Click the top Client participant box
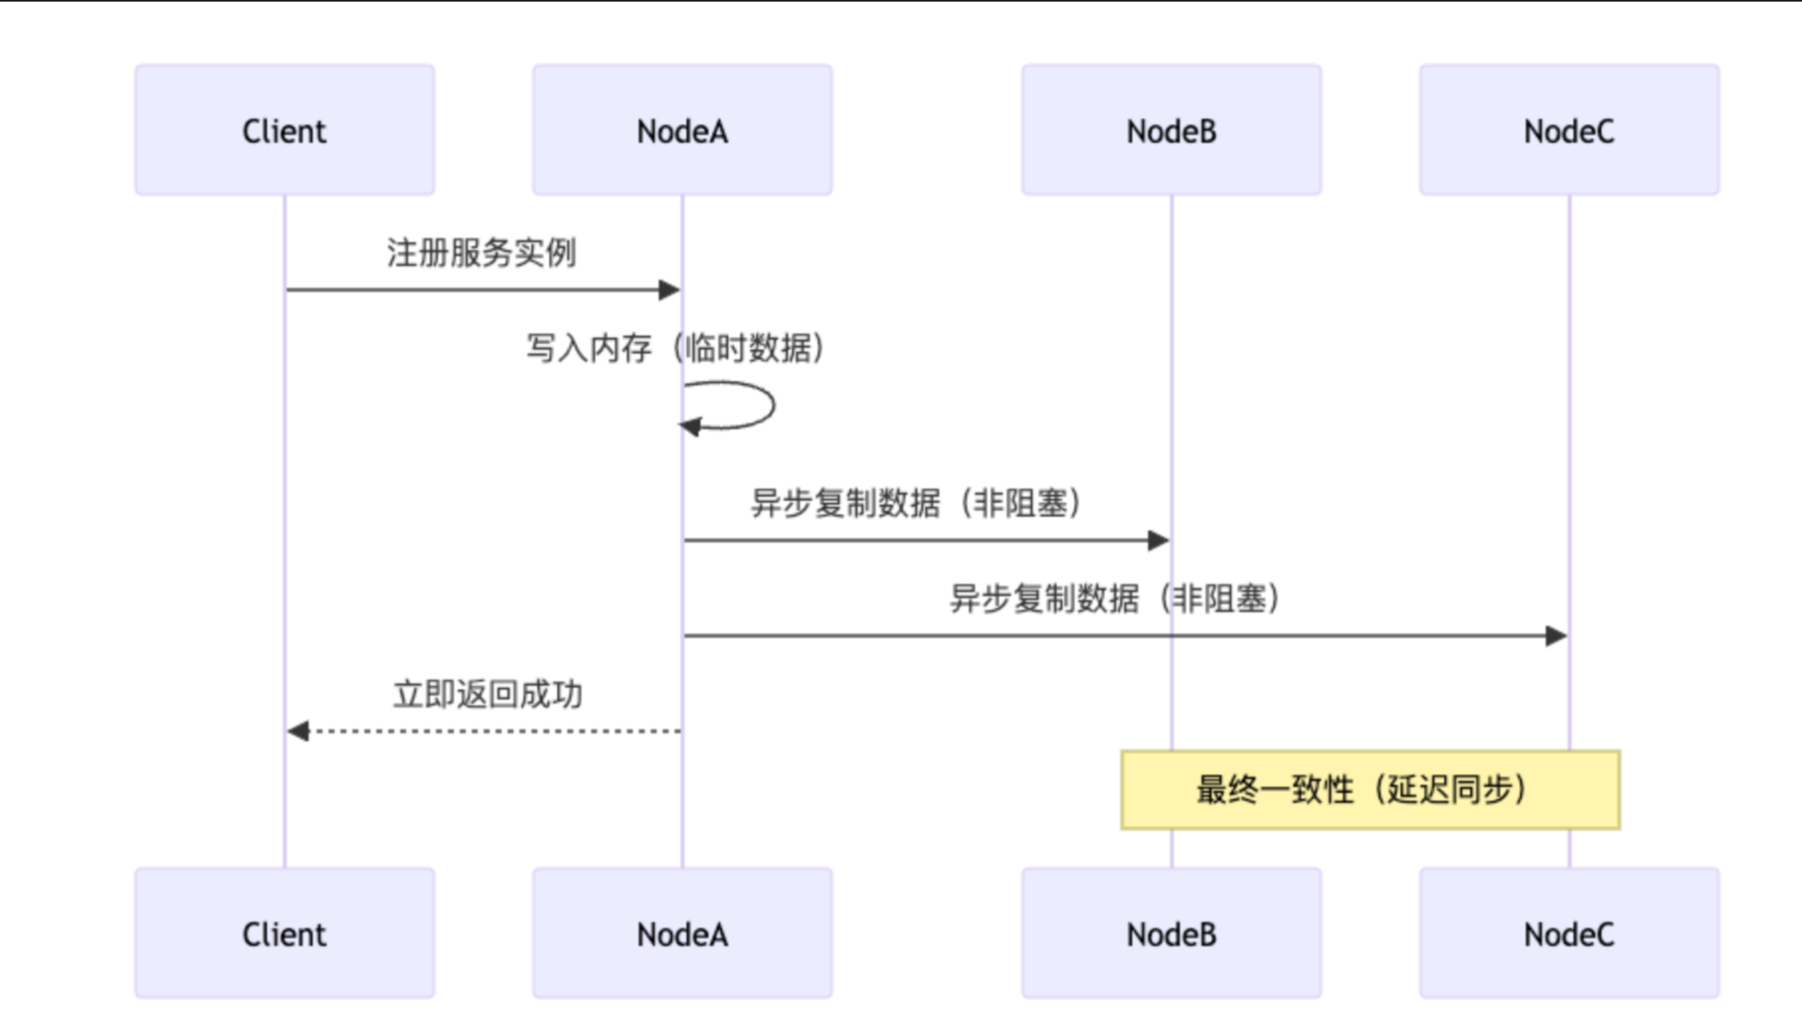coord(284,130)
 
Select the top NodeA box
coord(682,130)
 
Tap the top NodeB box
coord(1171,130)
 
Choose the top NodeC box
coord(1569,130)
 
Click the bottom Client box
coord(284,933)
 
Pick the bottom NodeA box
coord(682,933)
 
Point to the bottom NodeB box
coord(1171,933)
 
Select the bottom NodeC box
coord(1569,933)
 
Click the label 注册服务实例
coord(481,252)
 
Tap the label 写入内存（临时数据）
coord(676,348)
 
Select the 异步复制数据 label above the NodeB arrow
coord(915,503)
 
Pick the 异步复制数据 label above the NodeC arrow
coord(1114,598)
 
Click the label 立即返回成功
coord(487,694)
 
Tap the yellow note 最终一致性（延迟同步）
coord(1370,789)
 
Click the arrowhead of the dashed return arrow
coord(297,731)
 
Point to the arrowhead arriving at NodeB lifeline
coord(1159,540)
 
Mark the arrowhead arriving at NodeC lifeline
coord(1556,635)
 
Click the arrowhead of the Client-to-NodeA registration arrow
coord(669,289)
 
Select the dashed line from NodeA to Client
coord(497,731)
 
